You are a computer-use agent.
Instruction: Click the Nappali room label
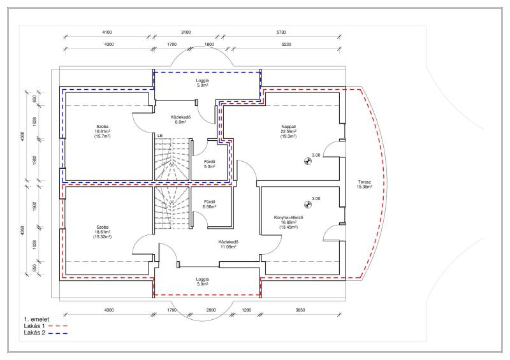point(289,131)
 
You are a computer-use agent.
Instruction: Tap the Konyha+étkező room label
point(289,222)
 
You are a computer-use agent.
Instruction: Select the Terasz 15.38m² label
point(364,184)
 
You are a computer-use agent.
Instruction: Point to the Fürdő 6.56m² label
point(210,204)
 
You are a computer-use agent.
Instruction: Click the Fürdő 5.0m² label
point(210,164)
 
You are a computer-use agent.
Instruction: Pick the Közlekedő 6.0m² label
point(180,119)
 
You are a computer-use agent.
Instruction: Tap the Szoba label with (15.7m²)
point(102,131)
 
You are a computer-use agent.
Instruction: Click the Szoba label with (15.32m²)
point(102,232)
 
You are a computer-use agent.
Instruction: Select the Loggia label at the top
point(202,83)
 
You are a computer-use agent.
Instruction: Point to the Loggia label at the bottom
point(202,281)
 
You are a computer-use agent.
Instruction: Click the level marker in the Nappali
point(308,161)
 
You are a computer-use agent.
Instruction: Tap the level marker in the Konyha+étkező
point(308,205)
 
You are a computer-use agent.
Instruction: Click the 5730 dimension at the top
point(281,32)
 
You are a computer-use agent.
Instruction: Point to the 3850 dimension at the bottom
point(300,310)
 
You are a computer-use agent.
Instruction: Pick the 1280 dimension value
point(247,310)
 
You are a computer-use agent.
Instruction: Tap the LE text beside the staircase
point(160,135)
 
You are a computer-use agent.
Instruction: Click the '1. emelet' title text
point(36,319)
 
